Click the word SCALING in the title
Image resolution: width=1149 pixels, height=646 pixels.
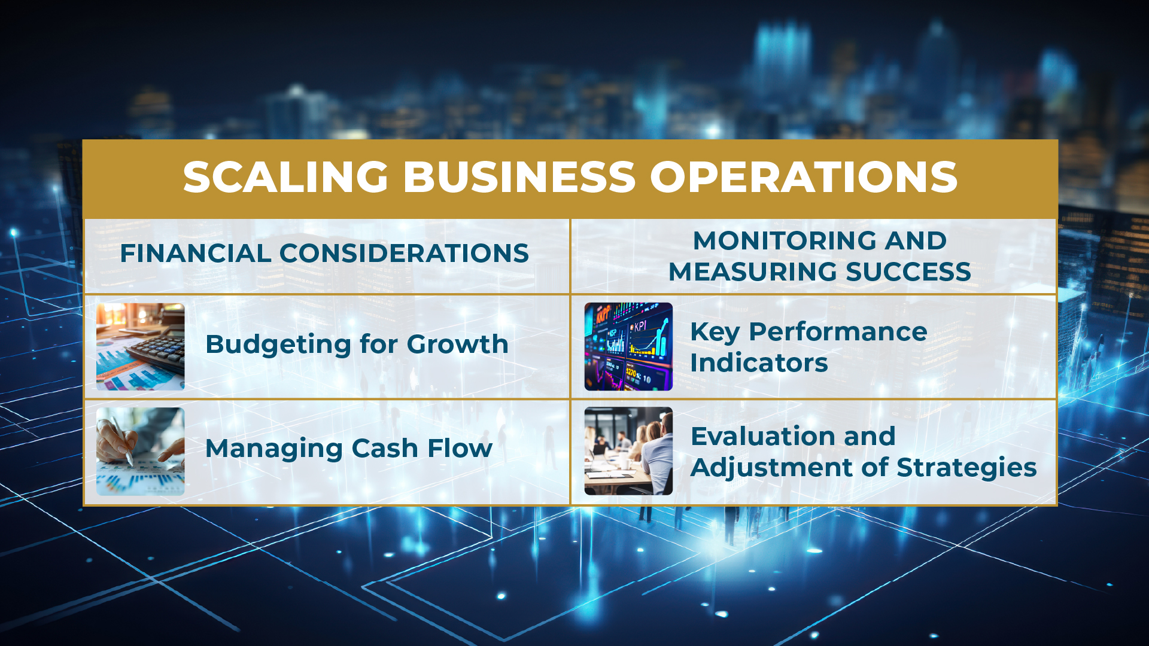286,177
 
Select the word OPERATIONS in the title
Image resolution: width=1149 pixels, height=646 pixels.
804,177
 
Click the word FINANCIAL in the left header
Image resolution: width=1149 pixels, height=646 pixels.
196,253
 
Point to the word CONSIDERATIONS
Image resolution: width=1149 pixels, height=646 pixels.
404,253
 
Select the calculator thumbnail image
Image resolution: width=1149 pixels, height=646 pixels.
141,347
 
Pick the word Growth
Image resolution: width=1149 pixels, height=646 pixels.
458,344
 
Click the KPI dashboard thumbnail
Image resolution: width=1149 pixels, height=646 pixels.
628,347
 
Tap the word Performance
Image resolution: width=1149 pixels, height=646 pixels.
838,331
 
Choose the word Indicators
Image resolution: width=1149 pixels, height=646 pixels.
759,362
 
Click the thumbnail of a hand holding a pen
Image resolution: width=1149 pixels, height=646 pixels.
141,452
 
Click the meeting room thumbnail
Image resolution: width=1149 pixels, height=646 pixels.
628,452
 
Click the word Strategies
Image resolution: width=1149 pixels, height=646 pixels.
966,468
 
